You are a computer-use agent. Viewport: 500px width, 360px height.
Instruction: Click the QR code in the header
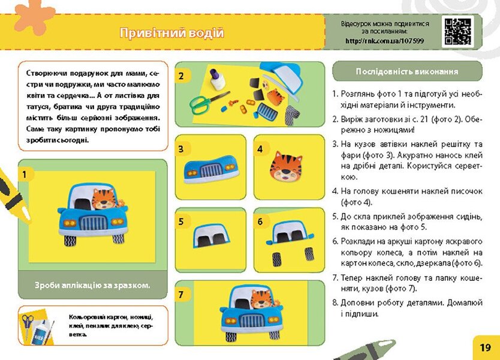coord(457,32)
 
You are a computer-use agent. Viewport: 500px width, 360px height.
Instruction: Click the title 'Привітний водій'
coord(171,33)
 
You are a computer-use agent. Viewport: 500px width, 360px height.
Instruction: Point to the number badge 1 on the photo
coord(25,174)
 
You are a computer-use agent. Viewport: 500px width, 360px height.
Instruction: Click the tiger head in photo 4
coord(285,167)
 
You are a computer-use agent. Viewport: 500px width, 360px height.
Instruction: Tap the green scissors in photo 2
coord(206,101)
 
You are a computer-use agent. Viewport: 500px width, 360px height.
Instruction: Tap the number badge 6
coord(260,221)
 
